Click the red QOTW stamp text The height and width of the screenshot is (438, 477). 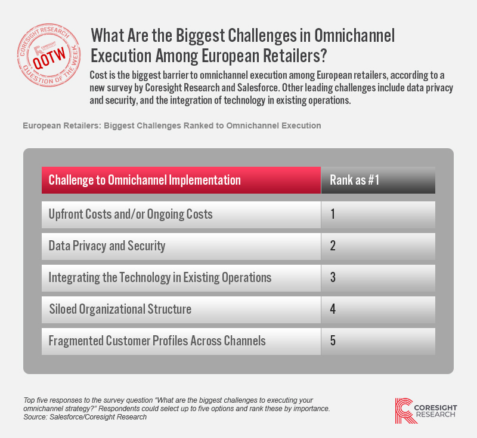(49, 58)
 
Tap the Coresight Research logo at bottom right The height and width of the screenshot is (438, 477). (426, 411)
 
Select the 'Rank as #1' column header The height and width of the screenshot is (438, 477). (354, 180)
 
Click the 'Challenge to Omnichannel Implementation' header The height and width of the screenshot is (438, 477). (144, 180)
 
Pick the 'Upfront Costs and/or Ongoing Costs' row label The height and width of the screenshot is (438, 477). (131, 215)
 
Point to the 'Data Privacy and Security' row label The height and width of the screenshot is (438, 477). (107, 246)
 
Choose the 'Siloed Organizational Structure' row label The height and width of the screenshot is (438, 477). (120, 309)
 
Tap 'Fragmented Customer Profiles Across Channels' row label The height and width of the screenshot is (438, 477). (157, 341)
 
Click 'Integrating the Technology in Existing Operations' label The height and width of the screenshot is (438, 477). (160, 278)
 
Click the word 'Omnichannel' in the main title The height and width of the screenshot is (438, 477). (354, 35)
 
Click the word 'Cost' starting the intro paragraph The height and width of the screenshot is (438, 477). (98, 75)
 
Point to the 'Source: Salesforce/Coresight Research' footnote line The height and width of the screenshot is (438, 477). (85, 417)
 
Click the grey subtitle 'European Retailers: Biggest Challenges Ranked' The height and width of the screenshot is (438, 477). (172, 125)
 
